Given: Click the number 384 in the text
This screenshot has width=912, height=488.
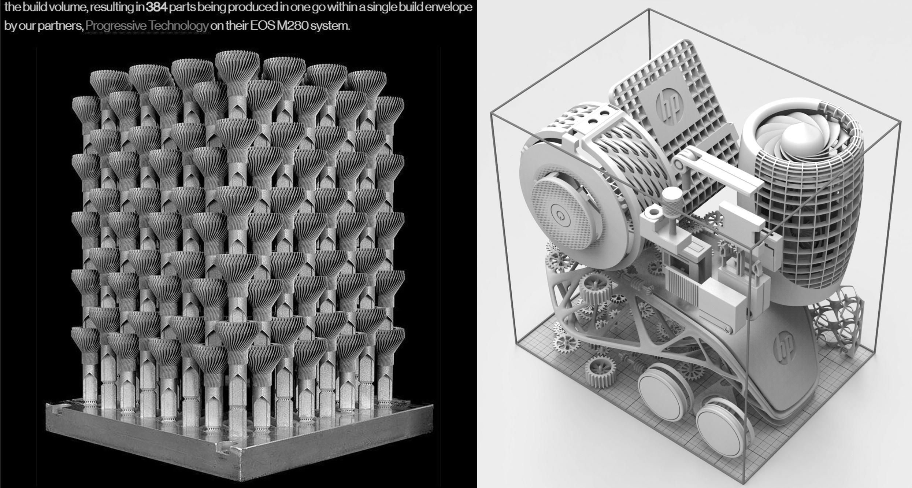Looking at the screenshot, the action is (156, 7).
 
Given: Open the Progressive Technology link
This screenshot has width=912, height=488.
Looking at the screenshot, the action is (147, 26).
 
